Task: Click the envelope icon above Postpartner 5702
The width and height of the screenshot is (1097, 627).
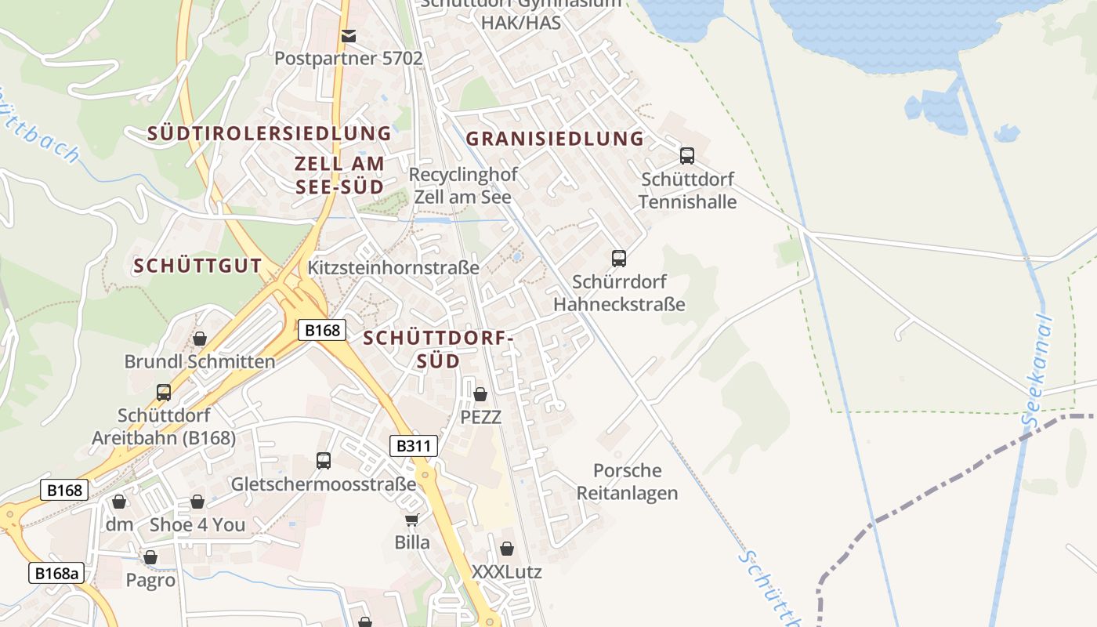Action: (x=349, y=36)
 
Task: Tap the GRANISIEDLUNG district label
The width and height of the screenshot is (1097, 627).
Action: (x=555, y=140)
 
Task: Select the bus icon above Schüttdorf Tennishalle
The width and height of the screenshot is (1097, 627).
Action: (x=687, y=155)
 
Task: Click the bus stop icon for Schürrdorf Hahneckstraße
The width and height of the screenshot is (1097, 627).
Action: (x=619, y=258)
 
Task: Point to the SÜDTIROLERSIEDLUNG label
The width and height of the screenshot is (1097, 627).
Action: (x=270, y=133)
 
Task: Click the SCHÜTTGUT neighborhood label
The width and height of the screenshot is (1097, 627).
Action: (x=197, y=266)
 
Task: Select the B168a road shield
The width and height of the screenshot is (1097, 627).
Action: (x=57, y=573)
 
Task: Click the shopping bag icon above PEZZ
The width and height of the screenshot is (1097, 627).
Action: (x=480, y=394)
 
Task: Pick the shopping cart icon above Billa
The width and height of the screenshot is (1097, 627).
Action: (x=412, y=519)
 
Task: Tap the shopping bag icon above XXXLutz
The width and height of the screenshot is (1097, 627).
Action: (x=507, y=549)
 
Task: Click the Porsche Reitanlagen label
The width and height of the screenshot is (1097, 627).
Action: (x=627, y=481)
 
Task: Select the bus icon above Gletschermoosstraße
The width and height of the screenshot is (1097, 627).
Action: (x=324, y=461)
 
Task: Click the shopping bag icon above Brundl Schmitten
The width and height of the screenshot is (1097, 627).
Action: (x=200, y=339)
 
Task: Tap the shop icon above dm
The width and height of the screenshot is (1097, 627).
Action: (x=119, y=502)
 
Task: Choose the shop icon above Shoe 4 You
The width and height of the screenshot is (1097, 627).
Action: (x=197, y=502)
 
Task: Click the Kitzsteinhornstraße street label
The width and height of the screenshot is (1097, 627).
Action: (x=393, y=268)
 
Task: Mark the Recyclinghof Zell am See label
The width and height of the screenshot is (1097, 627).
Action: (x=462, y=186)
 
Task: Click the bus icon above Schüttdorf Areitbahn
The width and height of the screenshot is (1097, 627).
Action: (x=164, y=392)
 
